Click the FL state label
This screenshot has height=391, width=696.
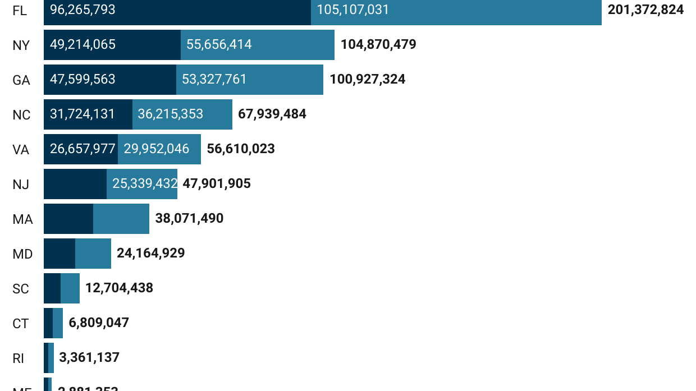pos(20,11)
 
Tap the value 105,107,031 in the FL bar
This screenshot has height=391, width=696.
pos(352,10)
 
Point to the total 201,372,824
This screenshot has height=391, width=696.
pos(645,10)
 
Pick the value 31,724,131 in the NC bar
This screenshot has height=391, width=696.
pos(83,114)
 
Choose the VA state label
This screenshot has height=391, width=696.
pos(21,150)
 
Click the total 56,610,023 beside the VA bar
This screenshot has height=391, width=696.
pos(241,149)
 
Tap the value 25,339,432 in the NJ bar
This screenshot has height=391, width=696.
pos(145,184)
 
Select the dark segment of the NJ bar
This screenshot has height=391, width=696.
pos(75,184)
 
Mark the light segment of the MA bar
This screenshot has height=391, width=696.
pos(121,219)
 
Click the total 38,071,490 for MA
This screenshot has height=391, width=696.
pos(189,219)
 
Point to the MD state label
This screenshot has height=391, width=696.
pos(22,254)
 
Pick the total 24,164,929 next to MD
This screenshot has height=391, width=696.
pos(150,254)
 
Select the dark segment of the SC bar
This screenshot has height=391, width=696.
pos(52,288)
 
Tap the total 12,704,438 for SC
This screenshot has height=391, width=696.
pos(119,288)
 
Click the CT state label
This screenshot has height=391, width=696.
pos(21,324)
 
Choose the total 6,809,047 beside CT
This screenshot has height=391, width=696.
pos(99,323)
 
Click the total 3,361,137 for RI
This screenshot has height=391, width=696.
pos(89,358)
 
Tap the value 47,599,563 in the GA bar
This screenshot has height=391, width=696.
pos(83,80)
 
